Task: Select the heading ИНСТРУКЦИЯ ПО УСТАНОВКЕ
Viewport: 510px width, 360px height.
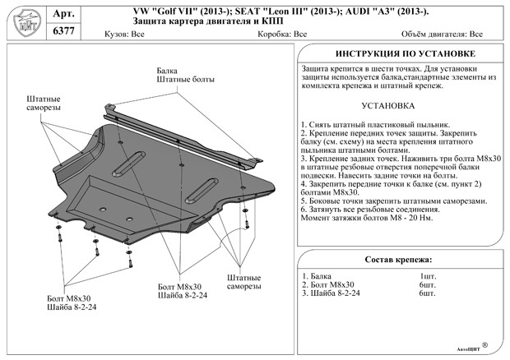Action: point(400,53)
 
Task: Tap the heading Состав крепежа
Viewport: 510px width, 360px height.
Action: point(399,261)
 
